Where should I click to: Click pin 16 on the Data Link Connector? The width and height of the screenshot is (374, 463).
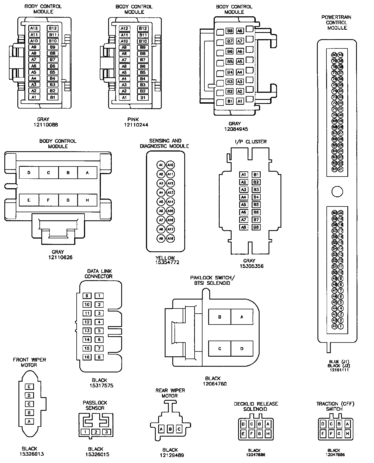pos(87,357)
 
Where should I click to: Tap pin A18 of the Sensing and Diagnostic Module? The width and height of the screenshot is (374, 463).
pos(170,239)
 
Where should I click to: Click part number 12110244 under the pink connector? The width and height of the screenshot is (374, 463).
pos(136,125)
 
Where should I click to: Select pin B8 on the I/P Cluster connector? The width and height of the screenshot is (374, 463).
pos(256,227)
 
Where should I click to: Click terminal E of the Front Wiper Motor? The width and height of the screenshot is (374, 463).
pos(29,387)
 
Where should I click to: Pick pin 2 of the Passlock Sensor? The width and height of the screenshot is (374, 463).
pos(96,432)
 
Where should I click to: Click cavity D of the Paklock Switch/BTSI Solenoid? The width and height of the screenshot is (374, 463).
pos(242,348)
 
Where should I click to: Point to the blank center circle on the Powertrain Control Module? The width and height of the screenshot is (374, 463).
pos(337,192)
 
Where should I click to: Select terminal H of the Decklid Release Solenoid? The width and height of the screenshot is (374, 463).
pos(268,434)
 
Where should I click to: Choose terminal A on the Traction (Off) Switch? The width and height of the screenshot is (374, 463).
pos(348,424)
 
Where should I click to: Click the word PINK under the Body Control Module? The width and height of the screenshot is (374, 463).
pos(133,119)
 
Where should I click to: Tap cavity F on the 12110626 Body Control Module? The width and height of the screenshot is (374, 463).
pos(48,200)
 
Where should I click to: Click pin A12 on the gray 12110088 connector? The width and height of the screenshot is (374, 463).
pos(34,28)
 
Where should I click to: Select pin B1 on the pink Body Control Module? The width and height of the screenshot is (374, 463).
pos(143,98)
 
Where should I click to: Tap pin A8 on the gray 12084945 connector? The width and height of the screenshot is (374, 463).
pos(240,31)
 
